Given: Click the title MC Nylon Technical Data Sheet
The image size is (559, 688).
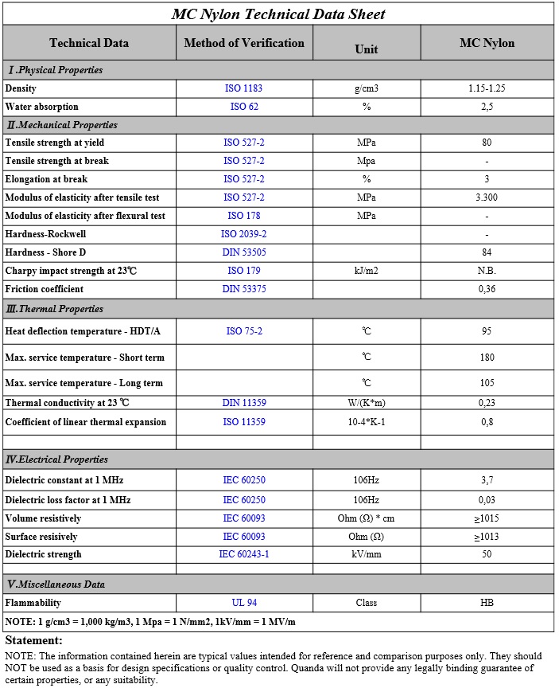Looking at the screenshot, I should tap(278, 14).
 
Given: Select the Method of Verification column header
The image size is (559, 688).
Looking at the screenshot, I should tap(244, 43).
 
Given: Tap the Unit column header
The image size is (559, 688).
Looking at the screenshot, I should tap(366, 49).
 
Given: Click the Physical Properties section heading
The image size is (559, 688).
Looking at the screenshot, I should tap(55, 70).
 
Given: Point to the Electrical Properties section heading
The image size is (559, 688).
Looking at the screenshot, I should tap(56, 459).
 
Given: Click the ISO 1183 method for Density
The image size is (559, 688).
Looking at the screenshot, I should tap(244, 88).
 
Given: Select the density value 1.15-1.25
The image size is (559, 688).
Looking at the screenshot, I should tap(487, 88).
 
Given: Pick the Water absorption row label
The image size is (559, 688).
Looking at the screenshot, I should tap(42, 107).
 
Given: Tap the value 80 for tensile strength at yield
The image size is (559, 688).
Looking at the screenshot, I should tap(487, 143).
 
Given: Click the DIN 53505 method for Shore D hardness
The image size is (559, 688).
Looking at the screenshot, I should tap(244, 252).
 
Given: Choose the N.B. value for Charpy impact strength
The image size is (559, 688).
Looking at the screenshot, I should tap(487, 271).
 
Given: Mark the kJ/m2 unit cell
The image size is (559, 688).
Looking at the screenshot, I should tap(366, 271).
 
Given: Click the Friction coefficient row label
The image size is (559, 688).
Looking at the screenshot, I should tap(45, 289).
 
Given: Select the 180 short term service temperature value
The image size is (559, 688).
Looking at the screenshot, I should tap(487, 358).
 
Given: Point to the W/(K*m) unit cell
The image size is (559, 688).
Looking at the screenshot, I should tap(366, 403).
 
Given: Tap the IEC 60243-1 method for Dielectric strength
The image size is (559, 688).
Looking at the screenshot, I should tap(244, 554).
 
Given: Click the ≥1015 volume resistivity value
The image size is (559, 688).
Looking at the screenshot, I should tap(487, 518).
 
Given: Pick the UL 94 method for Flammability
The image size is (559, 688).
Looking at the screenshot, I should tap(244, 603).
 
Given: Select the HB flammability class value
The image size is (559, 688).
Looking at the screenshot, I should tap(487, 603).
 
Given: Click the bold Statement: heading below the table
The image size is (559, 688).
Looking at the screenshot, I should tap(34, 640).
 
